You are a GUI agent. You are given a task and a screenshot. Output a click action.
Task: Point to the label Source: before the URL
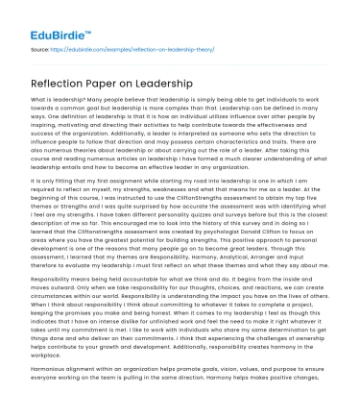point(40,46)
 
